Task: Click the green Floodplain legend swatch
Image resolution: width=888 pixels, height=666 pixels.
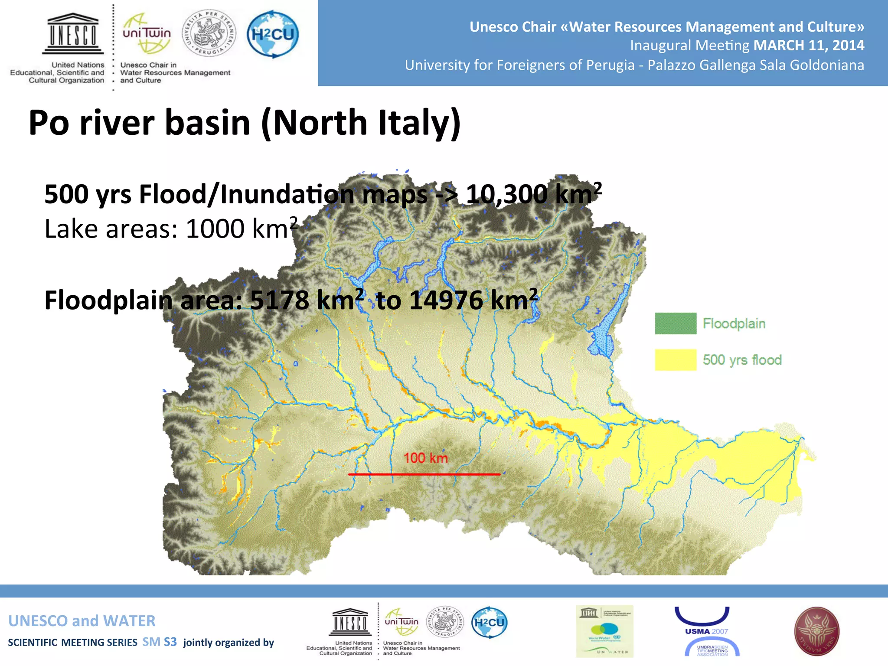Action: [x=676, y=323]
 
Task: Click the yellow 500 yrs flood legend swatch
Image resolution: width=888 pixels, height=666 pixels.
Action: [x=676, y=360]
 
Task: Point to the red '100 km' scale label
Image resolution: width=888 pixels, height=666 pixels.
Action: [x=425, y=458]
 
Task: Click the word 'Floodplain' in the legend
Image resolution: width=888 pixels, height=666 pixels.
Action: [x=734, y=323]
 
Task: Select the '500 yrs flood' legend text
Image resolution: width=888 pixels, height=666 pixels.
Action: [x=742, y=360]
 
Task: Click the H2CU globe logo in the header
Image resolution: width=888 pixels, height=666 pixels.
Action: [x=273, y=34]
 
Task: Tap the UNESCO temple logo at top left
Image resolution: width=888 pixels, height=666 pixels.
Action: [x=73, y=34]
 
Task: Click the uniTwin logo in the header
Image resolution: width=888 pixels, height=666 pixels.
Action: [x=147, y=34]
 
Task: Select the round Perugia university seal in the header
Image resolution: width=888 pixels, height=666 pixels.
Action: [x=209, y=34]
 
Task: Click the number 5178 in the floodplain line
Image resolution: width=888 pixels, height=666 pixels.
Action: [x=280, y=300]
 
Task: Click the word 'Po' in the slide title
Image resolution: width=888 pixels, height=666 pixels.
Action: [x=49, y=123]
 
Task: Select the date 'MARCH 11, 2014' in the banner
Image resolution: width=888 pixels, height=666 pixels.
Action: [x=809, y=45]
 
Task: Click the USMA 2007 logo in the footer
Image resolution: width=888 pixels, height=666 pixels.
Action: [x=706, y=631]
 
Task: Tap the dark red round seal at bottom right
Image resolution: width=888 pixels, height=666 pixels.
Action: [x=816, y=631]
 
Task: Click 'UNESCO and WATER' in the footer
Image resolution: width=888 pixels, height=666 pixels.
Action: [x=82, y=621]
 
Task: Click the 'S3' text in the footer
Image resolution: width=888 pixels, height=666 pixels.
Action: [x=170, y=642]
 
